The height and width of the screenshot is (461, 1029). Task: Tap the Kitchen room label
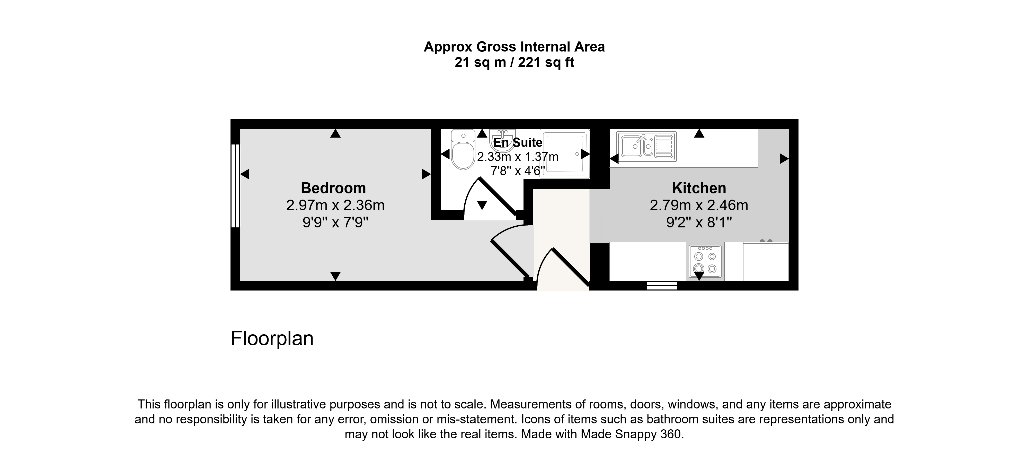coord(699,188)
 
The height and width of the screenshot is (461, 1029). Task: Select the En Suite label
coord(518,142)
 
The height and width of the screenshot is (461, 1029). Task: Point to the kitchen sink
coord(646,146)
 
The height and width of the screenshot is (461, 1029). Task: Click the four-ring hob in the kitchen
coord(705,262)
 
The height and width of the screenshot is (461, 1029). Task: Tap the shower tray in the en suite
coord(564,153)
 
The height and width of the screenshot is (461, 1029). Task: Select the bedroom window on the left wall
coord(235,186)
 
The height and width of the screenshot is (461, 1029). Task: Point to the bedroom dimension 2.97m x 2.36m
coord(335,205)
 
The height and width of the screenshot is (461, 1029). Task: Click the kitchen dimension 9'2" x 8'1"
coord(699,222)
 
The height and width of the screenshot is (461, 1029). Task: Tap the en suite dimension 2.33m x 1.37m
coord(518,157)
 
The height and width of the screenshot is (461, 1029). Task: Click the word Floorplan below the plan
coord(272,338)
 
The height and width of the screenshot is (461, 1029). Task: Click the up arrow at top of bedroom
coord(335,134)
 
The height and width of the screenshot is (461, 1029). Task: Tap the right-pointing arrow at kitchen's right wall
coord(784,159)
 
